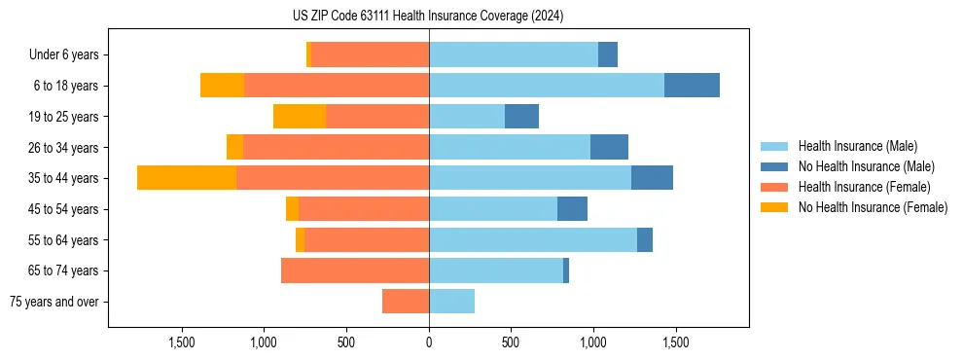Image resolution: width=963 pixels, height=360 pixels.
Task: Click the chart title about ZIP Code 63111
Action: pos(428,17)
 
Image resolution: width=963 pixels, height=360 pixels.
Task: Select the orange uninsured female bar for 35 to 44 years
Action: pos(187,178)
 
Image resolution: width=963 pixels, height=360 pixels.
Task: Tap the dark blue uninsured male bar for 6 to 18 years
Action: pos(692,86)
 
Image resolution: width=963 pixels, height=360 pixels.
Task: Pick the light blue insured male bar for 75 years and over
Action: pos(451,302)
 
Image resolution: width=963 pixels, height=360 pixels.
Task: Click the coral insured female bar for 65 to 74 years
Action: pos(355,270)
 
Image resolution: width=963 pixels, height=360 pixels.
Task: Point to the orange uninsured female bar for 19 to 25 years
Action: pos(300,117)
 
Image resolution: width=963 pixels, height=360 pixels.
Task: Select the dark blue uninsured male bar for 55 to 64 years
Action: pos(645,239)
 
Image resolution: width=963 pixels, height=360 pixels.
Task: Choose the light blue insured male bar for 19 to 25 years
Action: pos(467,117)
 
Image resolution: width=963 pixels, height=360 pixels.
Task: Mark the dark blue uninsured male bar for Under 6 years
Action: pos(608,54)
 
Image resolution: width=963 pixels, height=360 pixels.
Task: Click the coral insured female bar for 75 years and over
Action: pos(406,302)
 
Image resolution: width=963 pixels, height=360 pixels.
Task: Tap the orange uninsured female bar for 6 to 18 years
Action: pos(222,86)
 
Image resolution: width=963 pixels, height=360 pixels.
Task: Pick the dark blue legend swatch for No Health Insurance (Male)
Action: pos(774,166)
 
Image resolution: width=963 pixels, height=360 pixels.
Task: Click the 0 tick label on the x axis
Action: pos(429,342)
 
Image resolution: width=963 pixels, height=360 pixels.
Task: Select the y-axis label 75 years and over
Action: pos(54,302)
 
